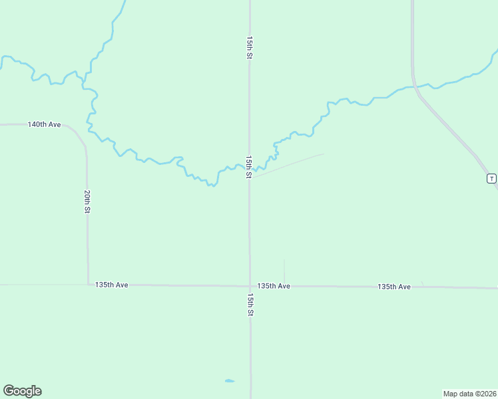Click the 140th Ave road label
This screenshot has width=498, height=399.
point(45,124)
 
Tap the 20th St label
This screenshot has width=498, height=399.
point(87,201)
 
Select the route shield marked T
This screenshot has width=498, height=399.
point(491,178)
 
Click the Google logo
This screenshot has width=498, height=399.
point(22,391)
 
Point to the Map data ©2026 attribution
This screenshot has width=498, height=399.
point(470,394)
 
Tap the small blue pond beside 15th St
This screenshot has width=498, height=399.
point(229,381)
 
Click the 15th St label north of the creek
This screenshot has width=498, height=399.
point(250,49)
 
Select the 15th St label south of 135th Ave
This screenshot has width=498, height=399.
point(250,304)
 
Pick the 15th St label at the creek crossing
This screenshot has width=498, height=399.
point(248,167)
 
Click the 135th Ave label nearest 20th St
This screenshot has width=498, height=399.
point(111,285)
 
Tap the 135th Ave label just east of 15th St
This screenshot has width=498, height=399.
point(274,286)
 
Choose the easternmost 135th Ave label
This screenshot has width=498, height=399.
point(394,287)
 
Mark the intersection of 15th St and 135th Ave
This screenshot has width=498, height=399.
point(250,286)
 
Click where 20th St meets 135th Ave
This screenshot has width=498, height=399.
point(88,285)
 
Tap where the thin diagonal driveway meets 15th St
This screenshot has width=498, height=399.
point(251,178)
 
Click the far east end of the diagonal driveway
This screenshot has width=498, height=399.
point(324,154)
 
